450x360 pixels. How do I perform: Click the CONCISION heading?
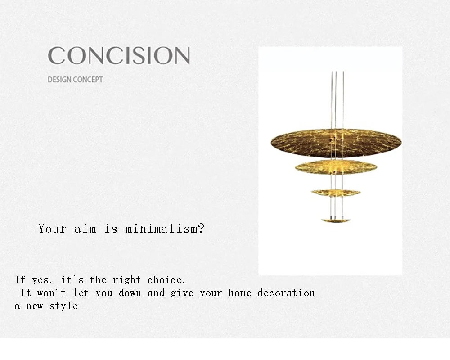pos(119,56)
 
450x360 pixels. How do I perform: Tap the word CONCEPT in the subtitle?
pos(88,80)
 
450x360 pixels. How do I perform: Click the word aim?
pos(85,229)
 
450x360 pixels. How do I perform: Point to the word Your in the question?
pos(52,229)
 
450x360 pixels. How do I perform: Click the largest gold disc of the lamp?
pos(336,142)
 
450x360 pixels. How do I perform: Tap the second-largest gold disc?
pos(336,167)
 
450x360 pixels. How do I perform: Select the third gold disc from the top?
pos(336,193)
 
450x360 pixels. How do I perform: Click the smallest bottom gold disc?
pos(336,220)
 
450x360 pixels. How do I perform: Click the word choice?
pos(166,280)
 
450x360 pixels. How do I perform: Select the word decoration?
pos(286,293)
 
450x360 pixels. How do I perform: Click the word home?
pos(240,293)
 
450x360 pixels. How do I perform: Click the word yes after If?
pos(41,280)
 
